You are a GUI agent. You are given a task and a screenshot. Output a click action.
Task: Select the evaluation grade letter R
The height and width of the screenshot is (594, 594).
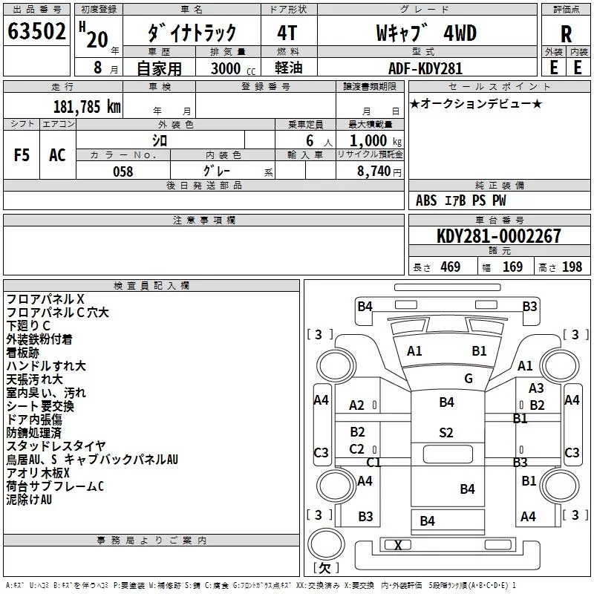point(566,33)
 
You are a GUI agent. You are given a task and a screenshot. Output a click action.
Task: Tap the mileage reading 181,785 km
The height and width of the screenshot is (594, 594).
point(86,107)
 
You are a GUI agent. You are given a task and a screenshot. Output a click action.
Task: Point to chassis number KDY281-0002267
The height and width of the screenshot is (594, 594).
point(499,236)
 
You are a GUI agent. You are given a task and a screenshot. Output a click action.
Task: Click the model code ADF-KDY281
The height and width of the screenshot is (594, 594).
point(425,68)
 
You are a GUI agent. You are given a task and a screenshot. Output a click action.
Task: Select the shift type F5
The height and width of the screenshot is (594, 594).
point(22,155)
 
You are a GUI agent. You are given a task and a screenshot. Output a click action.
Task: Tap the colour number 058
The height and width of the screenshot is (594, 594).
point(123,172)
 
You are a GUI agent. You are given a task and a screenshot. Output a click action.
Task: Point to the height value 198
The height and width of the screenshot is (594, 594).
point(572,267)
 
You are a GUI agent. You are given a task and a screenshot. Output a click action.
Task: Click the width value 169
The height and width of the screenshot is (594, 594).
point(513,267)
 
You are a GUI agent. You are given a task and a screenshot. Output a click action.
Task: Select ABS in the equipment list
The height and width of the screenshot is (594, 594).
point(426,200)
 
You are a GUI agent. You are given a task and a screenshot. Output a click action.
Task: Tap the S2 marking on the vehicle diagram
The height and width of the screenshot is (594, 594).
point(446,433)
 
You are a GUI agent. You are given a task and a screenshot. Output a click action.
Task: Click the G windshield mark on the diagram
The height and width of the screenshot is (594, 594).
point(469,379)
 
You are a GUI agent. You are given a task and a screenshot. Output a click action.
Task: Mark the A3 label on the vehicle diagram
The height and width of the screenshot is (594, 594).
point(536,388)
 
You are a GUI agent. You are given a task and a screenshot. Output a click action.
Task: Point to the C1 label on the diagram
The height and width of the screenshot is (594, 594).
point(373,462)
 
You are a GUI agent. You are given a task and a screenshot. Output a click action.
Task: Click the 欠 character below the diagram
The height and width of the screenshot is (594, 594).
point(325,568)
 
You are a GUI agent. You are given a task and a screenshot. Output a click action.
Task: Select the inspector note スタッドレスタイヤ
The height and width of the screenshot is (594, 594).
point(56,446)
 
